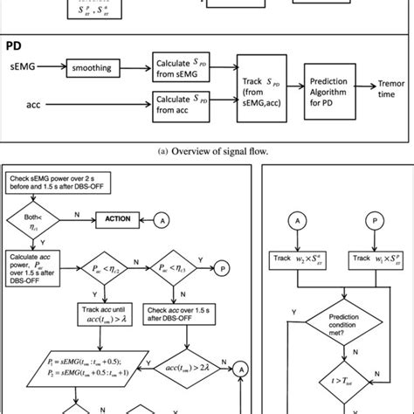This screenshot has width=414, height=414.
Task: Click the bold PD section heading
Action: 15,45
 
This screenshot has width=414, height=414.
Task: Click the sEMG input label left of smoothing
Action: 22,64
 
